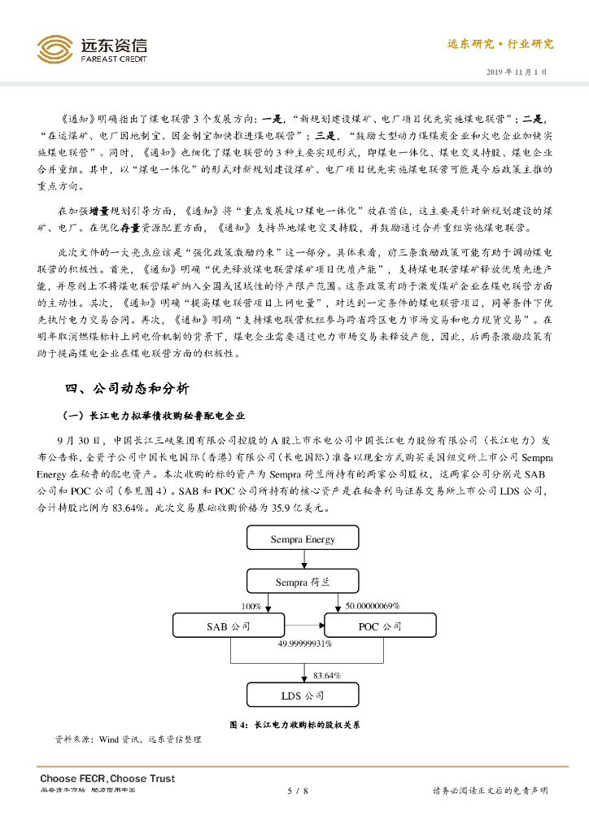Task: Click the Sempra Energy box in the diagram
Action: pyautogui.click(x=303, y=539)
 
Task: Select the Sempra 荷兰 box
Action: pyautogui.click(x=303, y=582)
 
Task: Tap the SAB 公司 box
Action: pyautogui.click(x=229, y=626)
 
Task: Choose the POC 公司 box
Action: pyautogui.click(x=380, y=626)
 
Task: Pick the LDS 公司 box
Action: pyautogui.click(x=303, y=696)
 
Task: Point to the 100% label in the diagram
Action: pyautogui.click(x=251, y=606)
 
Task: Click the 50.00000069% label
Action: pyautogui.click(x=373, y=606)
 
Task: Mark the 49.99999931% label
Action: pyautogui.click(x=304, y=643)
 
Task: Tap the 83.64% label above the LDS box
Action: pyautogui.click(x=327, y=675)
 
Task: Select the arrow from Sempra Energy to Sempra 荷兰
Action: pyautogui.click(x=303, y=560)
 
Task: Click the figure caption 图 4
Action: pyautogui.click(x=294, y=723)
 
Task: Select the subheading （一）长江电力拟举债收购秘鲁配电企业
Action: pyautogui.click(x=155, y=415)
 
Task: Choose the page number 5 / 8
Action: pyautogui.click(x=298, y=790)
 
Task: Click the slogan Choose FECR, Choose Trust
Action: pyautogui.click(x=107, y=778)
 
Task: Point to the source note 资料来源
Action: pyautogui.click(x=128, y=739)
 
